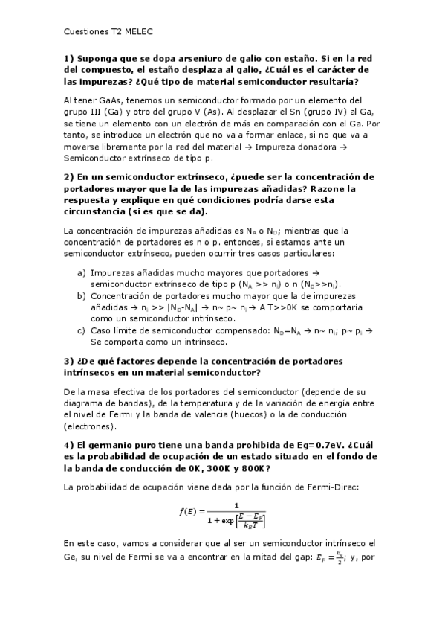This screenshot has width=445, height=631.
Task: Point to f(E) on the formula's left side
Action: click(183, 512)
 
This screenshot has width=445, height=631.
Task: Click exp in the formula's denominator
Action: click(227, 519)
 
